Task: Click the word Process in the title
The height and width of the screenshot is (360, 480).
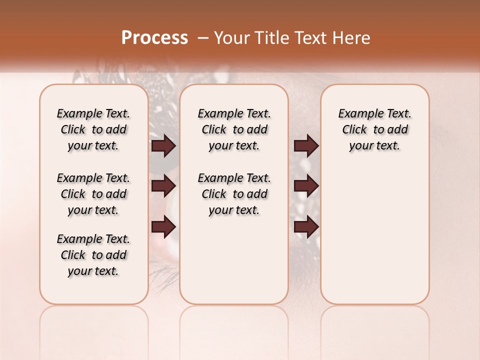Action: (154, 38)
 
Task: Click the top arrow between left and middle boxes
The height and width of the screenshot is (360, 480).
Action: (163, 146)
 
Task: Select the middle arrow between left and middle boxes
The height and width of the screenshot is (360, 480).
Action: (163, 186)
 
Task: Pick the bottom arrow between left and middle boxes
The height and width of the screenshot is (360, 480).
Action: (163, 227)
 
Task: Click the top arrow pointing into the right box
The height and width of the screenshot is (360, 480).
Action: (306, 146)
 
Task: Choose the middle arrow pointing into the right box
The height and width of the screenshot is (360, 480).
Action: (306, 186)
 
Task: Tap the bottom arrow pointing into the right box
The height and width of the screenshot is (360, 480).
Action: (306, 227)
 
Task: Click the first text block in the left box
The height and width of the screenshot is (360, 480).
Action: (93, 129)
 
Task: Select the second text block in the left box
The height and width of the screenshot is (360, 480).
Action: (93, 194)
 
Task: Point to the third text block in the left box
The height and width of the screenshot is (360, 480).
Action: (93, 255)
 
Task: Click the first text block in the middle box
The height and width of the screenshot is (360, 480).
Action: (234, 129)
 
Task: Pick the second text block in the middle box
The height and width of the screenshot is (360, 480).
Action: (234, 194)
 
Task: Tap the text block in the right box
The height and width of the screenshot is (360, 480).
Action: (374, 129)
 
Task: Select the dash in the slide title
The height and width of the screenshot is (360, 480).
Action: (203, 38)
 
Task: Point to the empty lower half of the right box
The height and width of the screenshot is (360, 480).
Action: (374, 240)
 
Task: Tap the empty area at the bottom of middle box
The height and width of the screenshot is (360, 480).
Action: (234, 265)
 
